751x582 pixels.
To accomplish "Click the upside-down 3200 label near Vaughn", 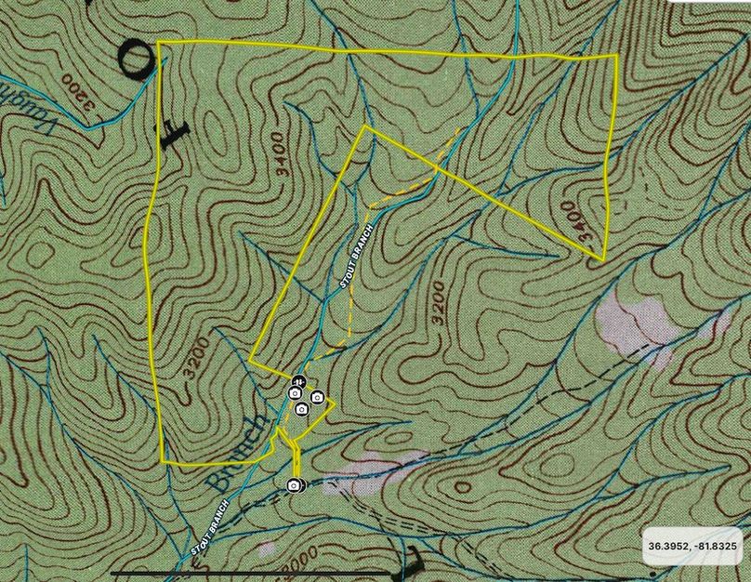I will (82, 96).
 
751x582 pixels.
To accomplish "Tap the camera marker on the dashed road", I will (294, 485).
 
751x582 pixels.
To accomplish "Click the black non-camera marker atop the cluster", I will (298, 380).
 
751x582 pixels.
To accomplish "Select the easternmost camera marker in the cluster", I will (317, 398).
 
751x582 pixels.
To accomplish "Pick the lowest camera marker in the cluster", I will (301, 409).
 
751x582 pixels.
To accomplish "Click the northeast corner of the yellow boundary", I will (616, 56).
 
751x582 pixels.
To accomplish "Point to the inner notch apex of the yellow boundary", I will (367, 126).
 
